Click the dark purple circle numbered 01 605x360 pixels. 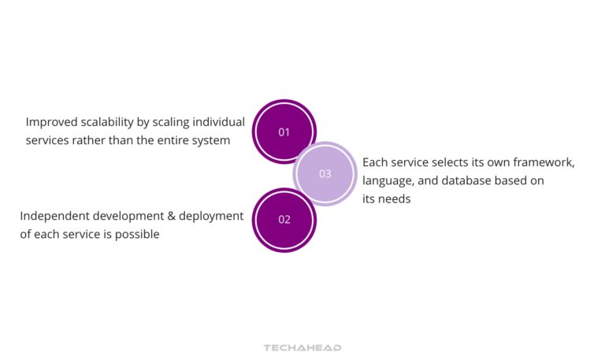click(284, 132)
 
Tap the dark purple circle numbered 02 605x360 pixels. click(284, 220)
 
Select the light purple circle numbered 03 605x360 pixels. click(325, 174)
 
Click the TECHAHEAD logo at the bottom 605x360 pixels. click(302, 347)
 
